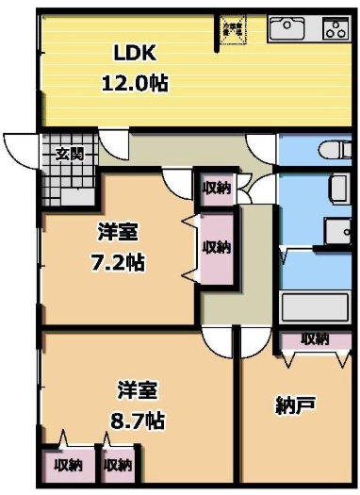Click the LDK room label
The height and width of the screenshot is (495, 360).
pyautogui.click(x=135, y=52)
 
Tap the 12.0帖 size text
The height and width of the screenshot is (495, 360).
pyautogui.click(x=135, y=83)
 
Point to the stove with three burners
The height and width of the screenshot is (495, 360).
pyautogui.click(x=335, y=28)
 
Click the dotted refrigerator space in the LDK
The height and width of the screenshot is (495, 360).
pyautogui.click(x=231, y=29)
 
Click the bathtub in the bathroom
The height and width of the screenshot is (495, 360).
pyautogui.click(x=315, y=307)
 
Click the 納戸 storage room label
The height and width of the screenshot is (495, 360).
pyautogui.click(x=294, y=405)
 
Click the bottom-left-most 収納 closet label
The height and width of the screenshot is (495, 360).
pyautogui.click(x=67, y=465)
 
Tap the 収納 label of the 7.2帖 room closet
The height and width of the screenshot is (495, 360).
pyautogui.click(x=216, y=248)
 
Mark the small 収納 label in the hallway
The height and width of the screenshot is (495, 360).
pyautogui.click(x=216, y=188)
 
